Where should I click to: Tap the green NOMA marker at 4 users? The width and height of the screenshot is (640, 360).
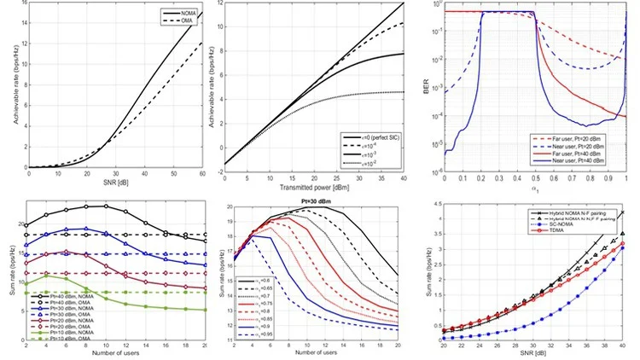[46, 275]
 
